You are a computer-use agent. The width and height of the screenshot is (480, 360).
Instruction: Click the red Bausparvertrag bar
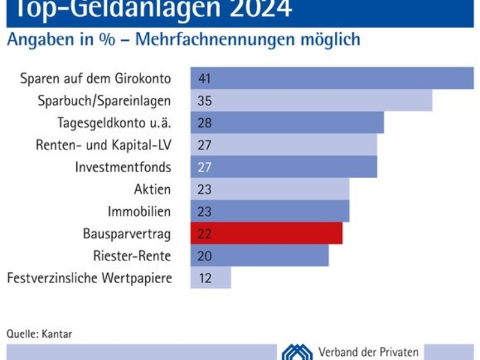tap(266, 233)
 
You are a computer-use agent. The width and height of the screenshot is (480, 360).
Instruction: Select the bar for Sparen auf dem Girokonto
tap(332, 78)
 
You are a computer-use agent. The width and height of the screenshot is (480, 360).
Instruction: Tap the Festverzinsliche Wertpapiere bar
tap(211, 278)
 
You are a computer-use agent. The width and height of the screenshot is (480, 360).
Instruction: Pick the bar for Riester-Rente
tap(259, 256)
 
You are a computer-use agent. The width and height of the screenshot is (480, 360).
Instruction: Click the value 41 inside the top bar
tap(205, 79)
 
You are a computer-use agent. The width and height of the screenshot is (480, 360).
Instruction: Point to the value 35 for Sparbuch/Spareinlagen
tap(205, 101)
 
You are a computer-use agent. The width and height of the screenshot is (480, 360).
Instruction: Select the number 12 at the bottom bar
tap(205, 278)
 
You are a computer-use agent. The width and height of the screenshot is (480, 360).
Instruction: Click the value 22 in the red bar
tap(205, 234)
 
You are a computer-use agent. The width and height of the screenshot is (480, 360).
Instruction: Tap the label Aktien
tap(152, 190)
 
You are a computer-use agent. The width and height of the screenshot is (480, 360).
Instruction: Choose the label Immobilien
tap(139, 212)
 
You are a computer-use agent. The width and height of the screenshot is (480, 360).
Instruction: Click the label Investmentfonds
tap(123, 167)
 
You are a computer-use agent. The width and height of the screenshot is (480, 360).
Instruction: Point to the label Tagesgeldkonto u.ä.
tap(114, 123)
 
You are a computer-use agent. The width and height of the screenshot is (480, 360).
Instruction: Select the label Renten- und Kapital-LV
tap(103, 145)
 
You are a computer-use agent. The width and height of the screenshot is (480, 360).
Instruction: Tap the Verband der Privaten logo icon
tap(297, 352)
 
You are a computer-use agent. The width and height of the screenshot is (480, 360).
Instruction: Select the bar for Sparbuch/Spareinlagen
tap(311, 100)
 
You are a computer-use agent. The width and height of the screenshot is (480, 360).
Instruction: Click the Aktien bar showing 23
tap(270, 189)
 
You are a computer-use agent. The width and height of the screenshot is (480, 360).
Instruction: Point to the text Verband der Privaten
tap(368, 352)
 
